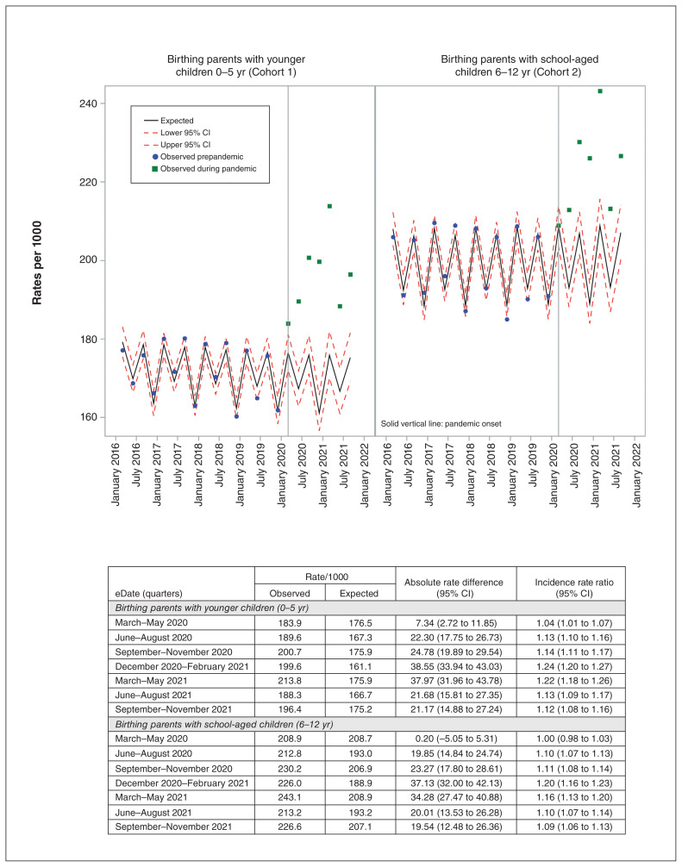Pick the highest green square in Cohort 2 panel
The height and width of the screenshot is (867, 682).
599,91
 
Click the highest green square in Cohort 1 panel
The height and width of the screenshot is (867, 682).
329,206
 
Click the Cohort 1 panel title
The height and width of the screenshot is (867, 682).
237,65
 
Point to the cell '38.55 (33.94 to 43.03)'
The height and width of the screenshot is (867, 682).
454,667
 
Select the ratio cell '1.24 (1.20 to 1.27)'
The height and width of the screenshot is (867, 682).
570,667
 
